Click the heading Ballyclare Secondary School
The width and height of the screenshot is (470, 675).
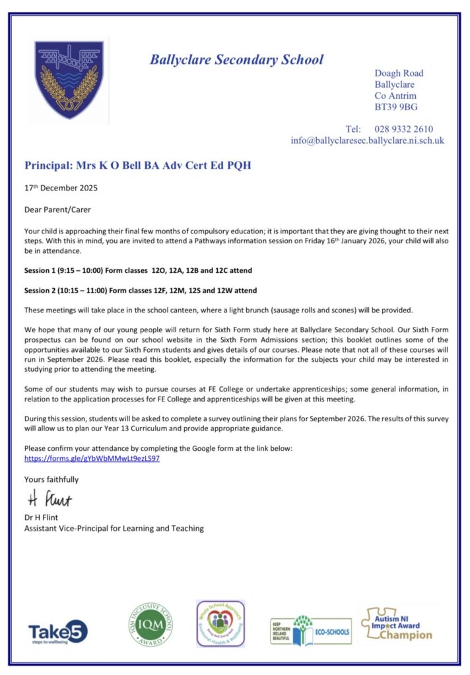pos(236,59)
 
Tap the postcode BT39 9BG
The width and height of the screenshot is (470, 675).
pos(396,107)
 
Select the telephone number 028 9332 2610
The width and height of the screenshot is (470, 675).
pos(404,129)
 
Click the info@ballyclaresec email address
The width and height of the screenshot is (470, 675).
pos(367,140)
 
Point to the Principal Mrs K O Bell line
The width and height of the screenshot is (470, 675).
pos(137,165)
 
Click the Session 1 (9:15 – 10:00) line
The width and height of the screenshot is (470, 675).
pos(138,271)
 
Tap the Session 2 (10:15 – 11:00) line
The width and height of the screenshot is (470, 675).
pos(141,290)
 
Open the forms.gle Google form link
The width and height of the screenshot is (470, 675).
pos(92,458)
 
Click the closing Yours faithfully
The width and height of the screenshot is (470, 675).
pos(51,479)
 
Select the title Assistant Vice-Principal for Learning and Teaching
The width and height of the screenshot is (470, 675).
pos(114,528)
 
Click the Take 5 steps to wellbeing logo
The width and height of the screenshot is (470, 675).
pos(57,631)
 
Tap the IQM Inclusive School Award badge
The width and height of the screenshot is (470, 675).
pos(151,625)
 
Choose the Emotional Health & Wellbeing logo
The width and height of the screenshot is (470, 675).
pos(220,624)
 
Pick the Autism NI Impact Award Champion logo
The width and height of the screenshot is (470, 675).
pos(397,623)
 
